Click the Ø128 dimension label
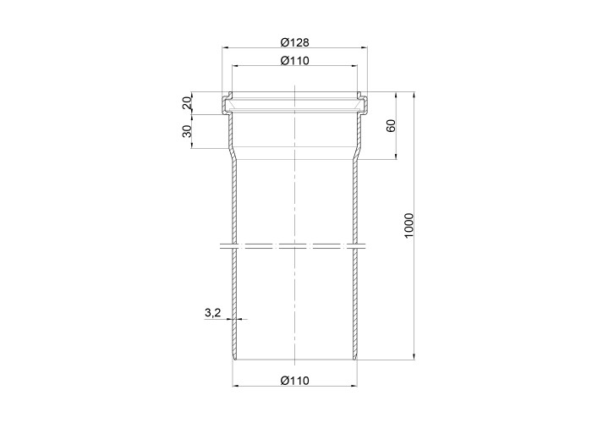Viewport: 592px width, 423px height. click(294, 42)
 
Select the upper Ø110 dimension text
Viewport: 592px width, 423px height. click(294, 60)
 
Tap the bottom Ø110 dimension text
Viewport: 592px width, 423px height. click(294, 381)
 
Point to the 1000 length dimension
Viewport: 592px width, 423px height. click(409, 226)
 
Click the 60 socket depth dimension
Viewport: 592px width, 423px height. click(391, 125)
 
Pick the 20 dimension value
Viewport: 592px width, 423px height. click(188, 102)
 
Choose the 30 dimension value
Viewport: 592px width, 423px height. click(188, 131)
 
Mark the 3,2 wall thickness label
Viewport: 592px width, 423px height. click(212, 313)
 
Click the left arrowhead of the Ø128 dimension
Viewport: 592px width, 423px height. click(225, 47)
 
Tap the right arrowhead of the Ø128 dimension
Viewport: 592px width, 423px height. click(365, 47)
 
